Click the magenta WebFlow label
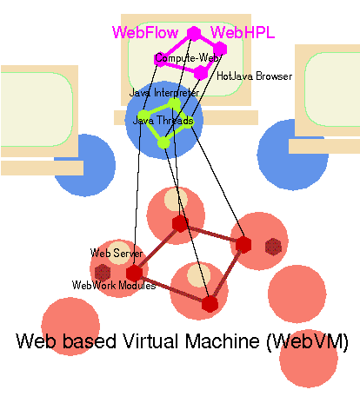point(145,32)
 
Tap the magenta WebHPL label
point(243,32)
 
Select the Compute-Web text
point(187,58)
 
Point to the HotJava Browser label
point(254,76)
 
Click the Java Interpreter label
point(164,93)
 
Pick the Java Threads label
point(163,120)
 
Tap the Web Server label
point(117,253)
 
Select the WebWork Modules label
point(114,285)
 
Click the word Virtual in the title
point(153,341)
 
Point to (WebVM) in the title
point(308,341)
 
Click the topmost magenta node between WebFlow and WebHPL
point(194,33)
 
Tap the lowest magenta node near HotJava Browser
point(201,72)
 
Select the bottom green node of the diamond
point(163,142)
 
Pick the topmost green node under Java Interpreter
point(175,104)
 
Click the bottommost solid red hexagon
point(210,304)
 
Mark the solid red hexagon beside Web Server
point(134,273)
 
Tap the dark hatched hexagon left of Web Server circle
point(103,272)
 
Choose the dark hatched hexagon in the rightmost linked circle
point(273,247)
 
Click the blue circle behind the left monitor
point(84,165)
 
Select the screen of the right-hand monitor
point(332,89)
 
